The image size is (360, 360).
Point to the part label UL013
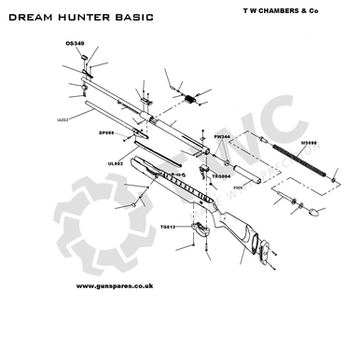pyautogui.click(x=62, y=118)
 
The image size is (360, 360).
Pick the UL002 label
pyautogui.click(x=115, y=163)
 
